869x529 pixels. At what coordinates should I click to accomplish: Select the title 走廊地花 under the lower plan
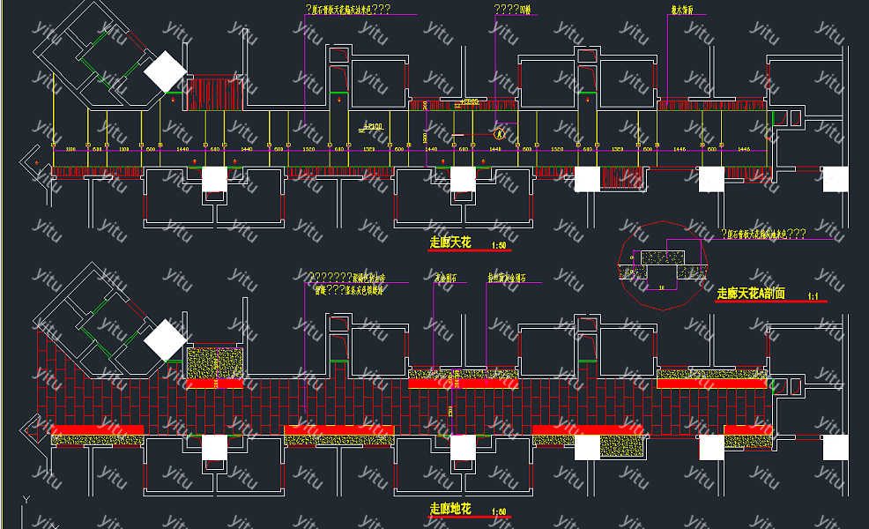tap(450, 509)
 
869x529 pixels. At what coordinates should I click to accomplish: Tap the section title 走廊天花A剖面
tap(751, 294)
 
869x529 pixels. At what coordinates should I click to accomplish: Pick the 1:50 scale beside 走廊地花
tap(499, 511)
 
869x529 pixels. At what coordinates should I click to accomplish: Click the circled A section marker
tap(500, 134)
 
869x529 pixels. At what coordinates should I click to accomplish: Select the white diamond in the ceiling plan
tap(166, 71)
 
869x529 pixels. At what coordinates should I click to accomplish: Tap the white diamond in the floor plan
tap(166, 340)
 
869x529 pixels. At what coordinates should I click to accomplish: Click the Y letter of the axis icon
tap(26, 500)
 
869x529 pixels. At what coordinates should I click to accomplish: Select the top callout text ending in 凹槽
tap(512, 10)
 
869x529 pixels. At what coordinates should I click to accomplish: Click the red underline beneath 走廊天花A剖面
tap(771, 302)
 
